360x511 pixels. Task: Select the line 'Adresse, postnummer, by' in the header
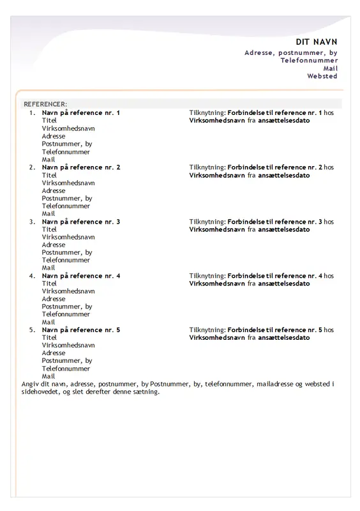(x=290, y=53)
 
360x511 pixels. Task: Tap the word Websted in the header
(x=322, y=76)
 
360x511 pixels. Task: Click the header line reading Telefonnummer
(x=309, y=61)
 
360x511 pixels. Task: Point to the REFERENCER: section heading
(x=45, y=104)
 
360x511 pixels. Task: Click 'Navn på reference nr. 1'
(x=80, y=113)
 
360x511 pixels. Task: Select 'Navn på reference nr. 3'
(x=80, y=222)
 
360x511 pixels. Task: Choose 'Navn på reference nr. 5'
(x=80, y=330)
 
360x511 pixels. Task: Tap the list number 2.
(x=32, y=167)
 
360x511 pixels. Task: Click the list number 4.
(x=32, y=276)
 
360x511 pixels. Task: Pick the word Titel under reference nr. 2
(x=49, y=175)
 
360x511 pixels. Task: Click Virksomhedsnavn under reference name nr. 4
(x=68, y=291)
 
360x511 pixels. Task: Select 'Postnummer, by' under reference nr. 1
(x=67, y=144)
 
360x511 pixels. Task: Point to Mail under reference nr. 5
(x=49, y=376)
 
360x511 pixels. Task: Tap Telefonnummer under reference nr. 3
(x=66, y=261)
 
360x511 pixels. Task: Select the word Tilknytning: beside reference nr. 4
(x=207, y=276)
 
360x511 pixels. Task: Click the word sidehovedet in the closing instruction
(x=40, y=392)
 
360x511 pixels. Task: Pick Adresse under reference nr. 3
(x=54, y=245)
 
